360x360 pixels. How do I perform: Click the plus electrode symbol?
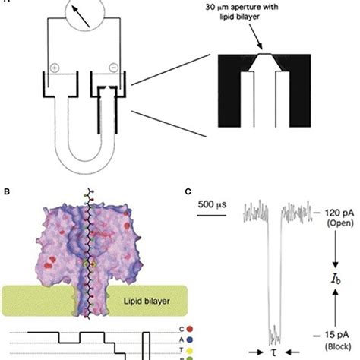pyautogui.click(x=56, y=67)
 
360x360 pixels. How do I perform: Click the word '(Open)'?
pyautogui.click(x=331, y=226)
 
